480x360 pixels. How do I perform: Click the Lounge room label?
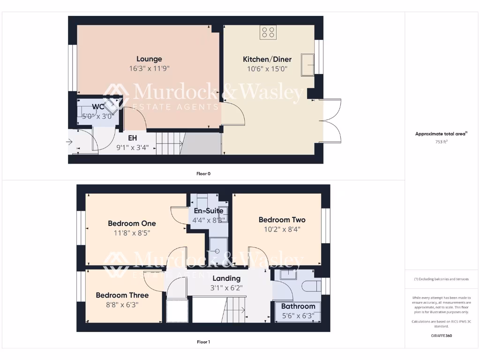(149, 59)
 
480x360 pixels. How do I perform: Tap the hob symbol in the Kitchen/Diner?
(269, 32)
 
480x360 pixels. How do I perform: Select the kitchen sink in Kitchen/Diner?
(308, 64)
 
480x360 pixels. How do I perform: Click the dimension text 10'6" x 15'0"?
(267, 69)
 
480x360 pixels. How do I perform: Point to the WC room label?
(97, 107)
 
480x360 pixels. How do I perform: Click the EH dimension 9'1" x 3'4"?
(133, 147)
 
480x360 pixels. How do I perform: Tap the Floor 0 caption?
(203, 173)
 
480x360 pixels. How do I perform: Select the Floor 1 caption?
(203, 342)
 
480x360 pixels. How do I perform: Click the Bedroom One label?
(132, 224)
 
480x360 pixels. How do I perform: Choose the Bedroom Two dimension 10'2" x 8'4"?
(282, 229)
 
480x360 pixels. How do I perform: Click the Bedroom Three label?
(122, 295)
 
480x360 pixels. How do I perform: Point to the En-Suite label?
(209, 211)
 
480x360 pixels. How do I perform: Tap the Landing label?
(226, 278)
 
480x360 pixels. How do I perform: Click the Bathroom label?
(298, 307)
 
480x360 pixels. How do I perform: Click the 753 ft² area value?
(441, 141)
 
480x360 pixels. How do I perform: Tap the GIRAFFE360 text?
(441, 336)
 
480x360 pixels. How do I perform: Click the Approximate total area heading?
(441, 134)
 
